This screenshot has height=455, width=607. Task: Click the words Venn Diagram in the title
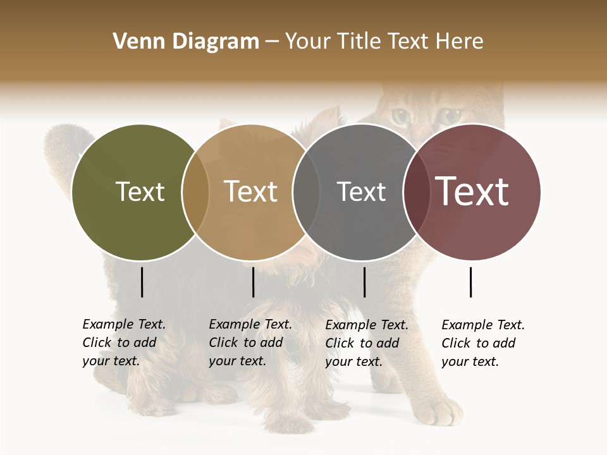click(x=186, y=42)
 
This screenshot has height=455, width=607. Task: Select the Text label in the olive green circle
click(x=140, y=191)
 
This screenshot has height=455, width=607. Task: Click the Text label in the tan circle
click(x=251, y=191)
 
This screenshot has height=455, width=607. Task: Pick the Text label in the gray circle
click(x=361, y=191)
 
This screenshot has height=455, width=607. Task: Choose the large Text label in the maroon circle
click(x=472, y=191)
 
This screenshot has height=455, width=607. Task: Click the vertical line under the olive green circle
click(x=142, y=282)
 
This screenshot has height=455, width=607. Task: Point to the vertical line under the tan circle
click(x=253, y=282)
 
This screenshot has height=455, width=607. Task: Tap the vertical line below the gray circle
click(x=364, y=282)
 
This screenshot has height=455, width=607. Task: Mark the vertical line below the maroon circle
click(x=471, y=282)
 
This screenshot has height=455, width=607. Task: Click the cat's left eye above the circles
click(x=400, y=116)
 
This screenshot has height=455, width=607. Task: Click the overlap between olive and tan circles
click(x=195, y=192)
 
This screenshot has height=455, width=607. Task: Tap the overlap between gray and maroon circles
click(x=414, y=192)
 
